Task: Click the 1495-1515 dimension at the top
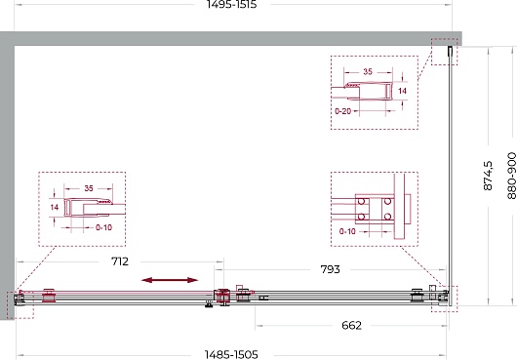tap(231, 4)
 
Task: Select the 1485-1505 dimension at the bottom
tap(231, 355)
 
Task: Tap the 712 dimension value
tap(120, 261)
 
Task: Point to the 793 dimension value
tap(330, 269)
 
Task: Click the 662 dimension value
tap(352, 326)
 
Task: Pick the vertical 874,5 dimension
tap(488, 176)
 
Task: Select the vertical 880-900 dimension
tap(512, 176)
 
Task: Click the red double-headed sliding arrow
tap(170, 280)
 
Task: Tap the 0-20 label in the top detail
tap(343, 111)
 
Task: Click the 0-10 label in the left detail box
tap(103, 227)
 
